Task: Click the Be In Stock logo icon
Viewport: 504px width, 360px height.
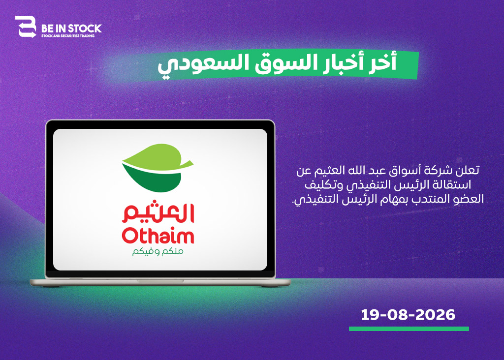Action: click(26, 27)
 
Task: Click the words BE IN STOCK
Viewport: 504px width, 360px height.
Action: click(71, 29)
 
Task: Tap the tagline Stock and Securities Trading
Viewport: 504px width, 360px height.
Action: click(68, 36)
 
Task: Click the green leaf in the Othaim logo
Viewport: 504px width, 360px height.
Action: click(157, 168)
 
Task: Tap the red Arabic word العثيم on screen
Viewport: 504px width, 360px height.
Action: click(158, 212)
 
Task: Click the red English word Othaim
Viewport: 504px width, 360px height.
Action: click(158, 236)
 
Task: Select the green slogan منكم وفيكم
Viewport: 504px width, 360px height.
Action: click(158, 251)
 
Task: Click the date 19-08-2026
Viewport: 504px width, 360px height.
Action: click(408, 315)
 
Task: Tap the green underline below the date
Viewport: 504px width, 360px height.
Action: click(409, 329)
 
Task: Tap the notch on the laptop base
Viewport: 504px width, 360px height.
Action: click(160, 281)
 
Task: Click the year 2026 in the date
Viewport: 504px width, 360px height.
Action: click(436, 315)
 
